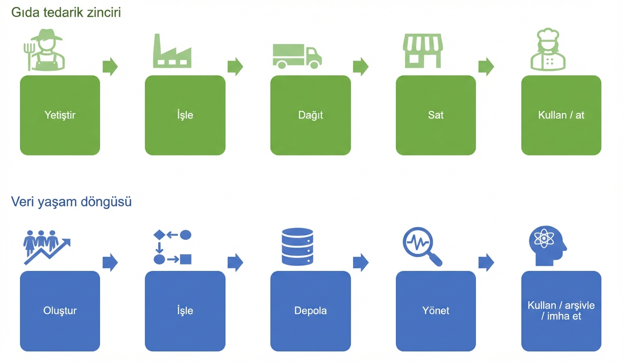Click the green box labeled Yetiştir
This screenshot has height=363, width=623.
[60, 115]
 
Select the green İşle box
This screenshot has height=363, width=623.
[185, 115]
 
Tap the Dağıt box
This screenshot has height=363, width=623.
[311, 115]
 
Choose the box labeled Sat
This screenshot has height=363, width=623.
[436, 115]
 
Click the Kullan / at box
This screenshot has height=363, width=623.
[561, 115]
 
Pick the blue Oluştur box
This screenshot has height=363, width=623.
[60, 311]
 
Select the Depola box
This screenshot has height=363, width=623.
[311, 311]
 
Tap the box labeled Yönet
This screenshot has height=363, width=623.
[436, 311]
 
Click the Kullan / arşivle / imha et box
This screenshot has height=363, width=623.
[561, 311]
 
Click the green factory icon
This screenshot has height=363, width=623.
[172, 51]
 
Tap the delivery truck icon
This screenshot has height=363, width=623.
[297, 56]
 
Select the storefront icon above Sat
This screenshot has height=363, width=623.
[422, 50]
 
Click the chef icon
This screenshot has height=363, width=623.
[548, 50]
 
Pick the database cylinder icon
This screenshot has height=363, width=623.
[297, 247]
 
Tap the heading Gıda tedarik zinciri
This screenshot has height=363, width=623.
[66, 13]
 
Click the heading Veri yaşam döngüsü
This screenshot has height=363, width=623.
[71, 202]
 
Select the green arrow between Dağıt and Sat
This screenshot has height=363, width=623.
[360, 66]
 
